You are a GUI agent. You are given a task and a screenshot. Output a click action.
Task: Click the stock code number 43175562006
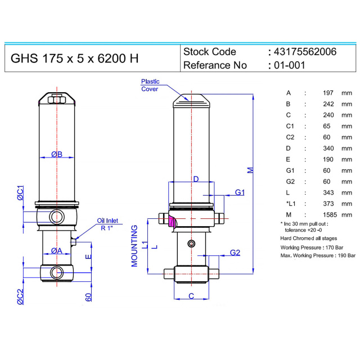coord(305,52)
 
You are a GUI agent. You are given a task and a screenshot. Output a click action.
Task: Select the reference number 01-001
coord(290,65)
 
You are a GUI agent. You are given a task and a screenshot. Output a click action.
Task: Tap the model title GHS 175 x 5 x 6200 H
coord(75,58)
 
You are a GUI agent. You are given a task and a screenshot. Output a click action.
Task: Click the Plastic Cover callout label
coord(150,85)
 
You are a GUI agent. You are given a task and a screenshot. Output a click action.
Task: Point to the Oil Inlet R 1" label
coord(107,224)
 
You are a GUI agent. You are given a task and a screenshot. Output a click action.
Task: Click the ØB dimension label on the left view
coord(57,154)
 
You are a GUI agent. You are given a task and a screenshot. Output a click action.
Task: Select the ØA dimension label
coord(56,251)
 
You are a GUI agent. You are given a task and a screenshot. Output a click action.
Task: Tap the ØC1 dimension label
coord(21,193)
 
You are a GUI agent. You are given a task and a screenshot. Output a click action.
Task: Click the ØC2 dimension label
coord(20,296)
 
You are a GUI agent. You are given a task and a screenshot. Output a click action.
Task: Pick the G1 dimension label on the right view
coord(240,192)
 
